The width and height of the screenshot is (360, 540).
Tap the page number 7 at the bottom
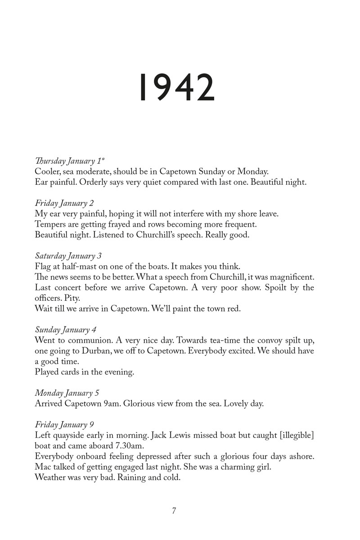coord(174,511)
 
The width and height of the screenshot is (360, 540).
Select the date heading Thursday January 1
coord(70,161)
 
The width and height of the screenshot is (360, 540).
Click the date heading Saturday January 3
coord(68,256)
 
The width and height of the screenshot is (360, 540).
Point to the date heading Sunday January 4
coord(66,330)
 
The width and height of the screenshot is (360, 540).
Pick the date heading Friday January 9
coord(64,425)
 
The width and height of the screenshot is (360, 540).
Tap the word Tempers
coord(50,224)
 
